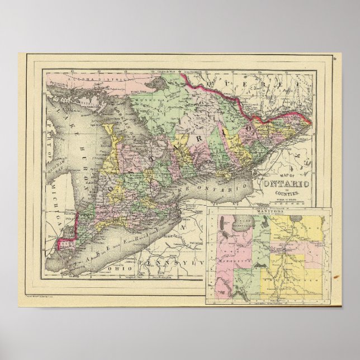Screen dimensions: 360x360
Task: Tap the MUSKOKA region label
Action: [x=143, y=110]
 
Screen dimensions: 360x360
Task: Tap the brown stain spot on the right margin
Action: [x=335, y=277]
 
